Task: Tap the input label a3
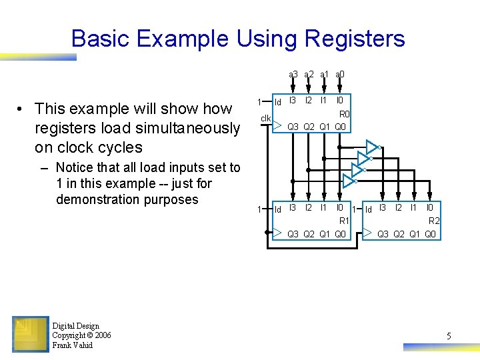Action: click(x=293, y=75)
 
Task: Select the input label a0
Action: click(x=339, y=75)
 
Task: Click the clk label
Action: click(x=265, y=119)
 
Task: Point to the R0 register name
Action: click(x=344, y=114)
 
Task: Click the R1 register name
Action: click(x=344, y=221)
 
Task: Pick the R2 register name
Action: click(x=434, y=221)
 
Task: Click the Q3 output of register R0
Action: click(x=293, y=127)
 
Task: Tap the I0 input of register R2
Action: click(x=430, y=208)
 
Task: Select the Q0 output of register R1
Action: click(x=340, y=233)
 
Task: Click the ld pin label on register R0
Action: click(x=279, y=102)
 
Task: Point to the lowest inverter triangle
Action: click(x=349, y=181)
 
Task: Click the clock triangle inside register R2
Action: click(x=368, y=233)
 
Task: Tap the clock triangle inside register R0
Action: click(x=278, y=125)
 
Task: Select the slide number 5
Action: click(x=449, y=337)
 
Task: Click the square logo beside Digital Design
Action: click(x=30, y=335)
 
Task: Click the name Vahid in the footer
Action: click(x=82, y=345)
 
